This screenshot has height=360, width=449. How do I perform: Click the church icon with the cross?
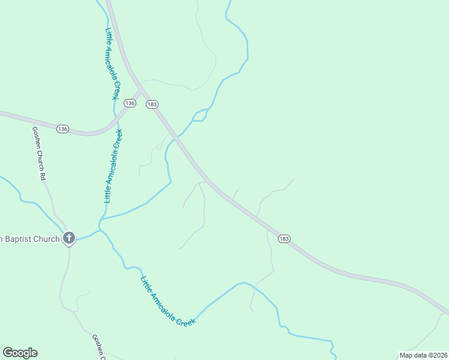click(69, 239)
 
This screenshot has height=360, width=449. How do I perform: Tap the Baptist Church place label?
click(30, 239)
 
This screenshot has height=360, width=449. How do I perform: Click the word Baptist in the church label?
click(19, 239)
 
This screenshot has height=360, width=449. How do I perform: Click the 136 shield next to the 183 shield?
click(130, 103)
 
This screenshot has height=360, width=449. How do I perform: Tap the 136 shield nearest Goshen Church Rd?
click(63, 129)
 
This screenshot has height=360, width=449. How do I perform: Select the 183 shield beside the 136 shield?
click(152, 104)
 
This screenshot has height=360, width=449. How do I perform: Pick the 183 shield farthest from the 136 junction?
click(285, 239)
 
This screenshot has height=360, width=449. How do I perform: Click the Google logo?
click(20, 353)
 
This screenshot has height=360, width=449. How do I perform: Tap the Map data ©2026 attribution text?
click(424, 355)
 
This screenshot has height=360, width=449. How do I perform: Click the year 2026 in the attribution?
click(440, 355)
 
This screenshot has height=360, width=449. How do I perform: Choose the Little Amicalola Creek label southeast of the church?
click(168, 301)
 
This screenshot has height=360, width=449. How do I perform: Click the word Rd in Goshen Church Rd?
click(43, 176)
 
